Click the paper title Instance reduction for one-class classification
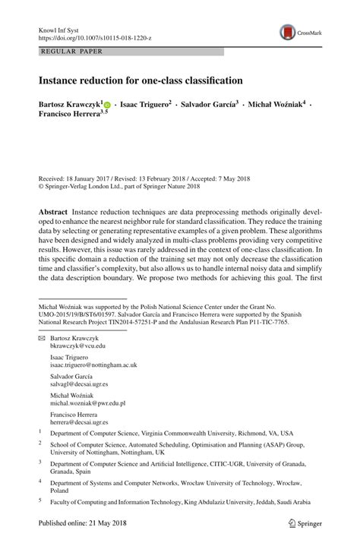[x=141, y=79]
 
